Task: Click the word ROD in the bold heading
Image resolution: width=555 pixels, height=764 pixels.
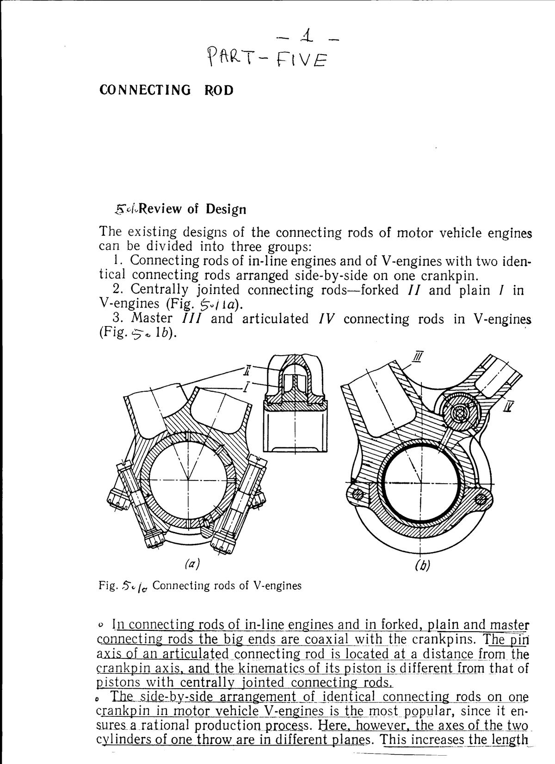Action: coord(219,90)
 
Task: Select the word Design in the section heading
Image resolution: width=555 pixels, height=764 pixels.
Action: coord(226,209)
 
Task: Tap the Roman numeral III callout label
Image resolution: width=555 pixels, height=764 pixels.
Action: coord(419,357)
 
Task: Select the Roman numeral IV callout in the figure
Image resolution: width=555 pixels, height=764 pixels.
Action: coord(508,407)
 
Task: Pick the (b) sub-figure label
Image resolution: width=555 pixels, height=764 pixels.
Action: coord(422,565)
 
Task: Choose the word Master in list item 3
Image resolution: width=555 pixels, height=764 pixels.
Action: coord(152,319)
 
